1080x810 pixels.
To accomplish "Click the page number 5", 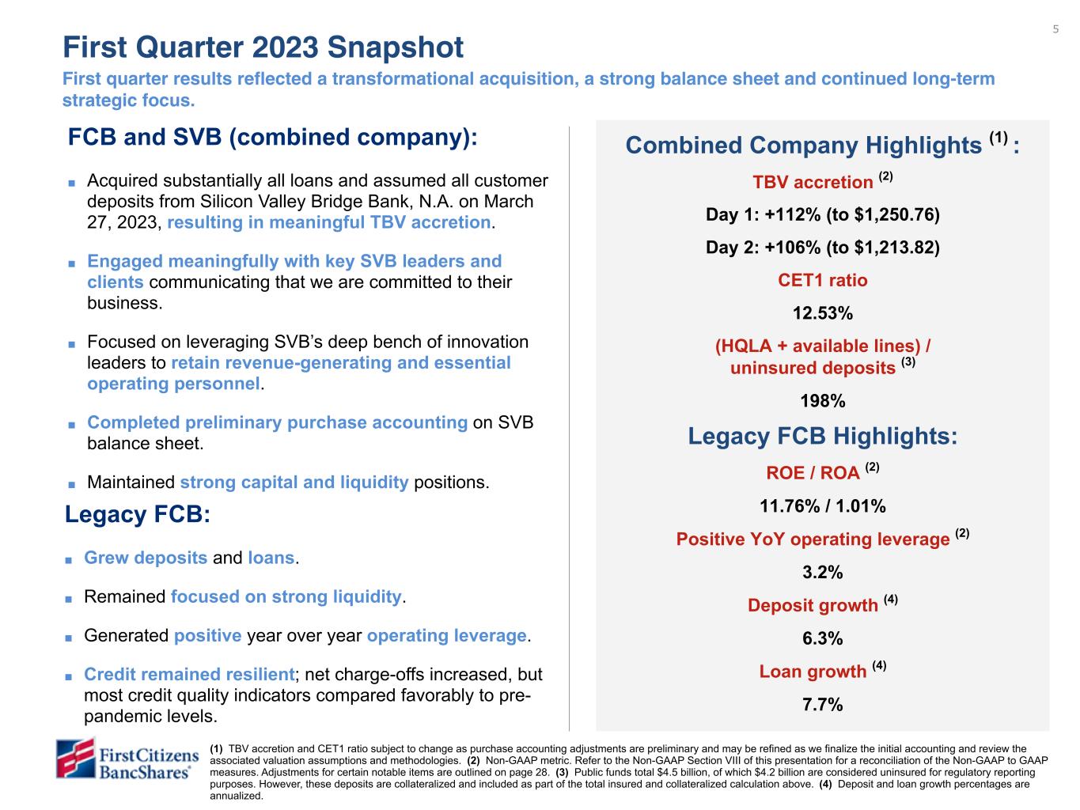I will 1055,30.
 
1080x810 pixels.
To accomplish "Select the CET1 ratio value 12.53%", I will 823,313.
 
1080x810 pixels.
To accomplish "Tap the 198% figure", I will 823,401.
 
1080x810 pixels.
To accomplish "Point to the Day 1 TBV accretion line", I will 823,215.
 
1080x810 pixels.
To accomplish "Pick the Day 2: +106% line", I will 823,248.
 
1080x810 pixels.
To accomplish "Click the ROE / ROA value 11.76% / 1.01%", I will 823,506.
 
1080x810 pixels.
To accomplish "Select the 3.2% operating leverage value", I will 823,572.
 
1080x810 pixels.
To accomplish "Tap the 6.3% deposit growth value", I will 823,638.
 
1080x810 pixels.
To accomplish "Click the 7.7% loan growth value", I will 823,704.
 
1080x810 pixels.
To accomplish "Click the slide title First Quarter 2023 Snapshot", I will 263,47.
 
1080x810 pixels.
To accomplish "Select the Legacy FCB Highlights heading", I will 823,437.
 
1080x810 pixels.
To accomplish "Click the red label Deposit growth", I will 813,606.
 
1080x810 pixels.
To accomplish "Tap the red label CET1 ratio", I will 823,281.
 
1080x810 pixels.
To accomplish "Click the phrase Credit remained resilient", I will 189,675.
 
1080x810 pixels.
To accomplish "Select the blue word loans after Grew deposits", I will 271,558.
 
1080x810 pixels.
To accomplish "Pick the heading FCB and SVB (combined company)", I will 273,138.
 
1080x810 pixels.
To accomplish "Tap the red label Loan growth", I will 813,672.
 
